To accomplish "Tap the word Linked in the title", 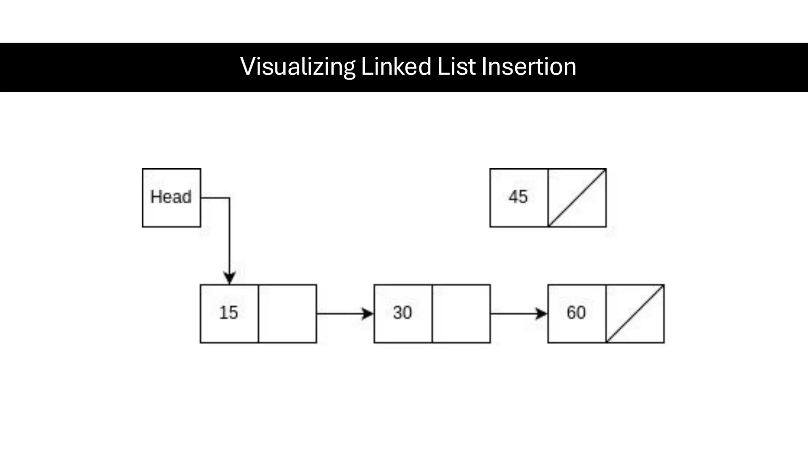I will [x=396, y=67].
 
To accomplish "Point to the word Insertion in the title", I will [x=529, y=67].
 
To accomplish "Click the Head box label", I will [x=171, y=197].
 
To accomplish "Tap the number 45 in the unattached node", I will [x=518, y=197].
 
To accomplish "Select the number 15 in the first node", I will [x=228, y=313].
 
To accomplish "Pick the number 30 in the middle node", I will [x=402, y=313].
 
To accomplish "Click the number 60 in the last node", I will [x=576, y=313].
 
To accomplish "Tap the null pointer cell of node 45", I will [x=577, y=198].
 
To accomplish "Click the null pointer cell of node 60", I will [x=635, y=314].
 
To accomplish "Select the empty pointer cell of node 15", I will [x=287, y=314].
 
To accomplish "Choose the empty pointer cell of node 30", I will [x=461, y=314].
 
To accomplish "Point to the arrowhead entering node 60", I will [x=542, y=314].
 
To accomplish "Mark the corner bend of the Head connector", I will [x=229, y=198].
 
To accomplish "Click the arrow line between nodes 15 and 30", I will [x=339, y=314].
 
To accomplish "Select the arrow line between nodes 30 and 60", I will [x=513, y=314].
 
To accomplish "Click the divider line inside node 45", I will [x=548, y=198].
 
